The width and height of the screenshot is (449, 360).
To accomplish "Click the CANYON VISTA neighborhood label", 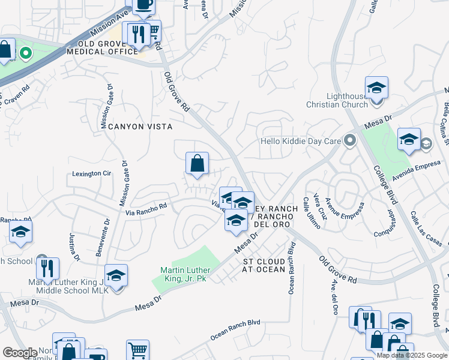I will pyautogui.click(x=140, y=127).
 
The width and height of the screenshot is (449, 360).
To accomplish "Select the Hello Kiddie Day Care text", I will pyautogui.click(x=300, y=142).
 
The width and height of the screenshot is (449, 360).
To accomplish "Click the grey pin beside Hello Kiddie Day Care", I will pyautogui.click(x=350, y=142).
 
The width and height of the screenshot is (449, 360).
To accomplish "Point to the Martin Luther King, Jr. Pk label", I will pyautogui.click(x=184, y=274).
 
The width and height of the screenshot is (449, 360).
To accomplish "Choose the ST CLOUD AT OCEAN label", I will pyautogui.click(x=264, y=266).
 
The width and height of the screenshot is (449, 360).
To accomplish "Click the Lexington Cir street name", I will pyautogui.click(x=92, y=173).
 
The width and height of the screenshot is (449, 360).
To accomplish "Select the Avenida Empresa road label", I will pyautogui.click(x=417, y=173).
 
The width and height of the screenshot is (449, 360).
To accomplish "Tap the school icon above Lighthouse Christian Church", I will pyautogui.click(x=376, y=88).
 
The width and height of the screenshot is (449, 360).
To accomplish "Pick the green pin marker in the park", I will pyautogui.click(x=25, y=54).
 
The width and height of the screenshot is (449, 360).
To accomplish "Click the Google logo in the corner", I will pyautogui.click(x=19, y=353).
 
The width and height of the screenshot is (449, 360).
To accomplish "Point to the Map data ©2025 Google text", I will pyautogui.click(x=411, y=355).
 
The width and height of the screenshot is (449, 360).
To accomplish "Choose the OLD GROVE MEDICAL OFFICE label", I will pyautogui.click(x=102, y=48).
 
